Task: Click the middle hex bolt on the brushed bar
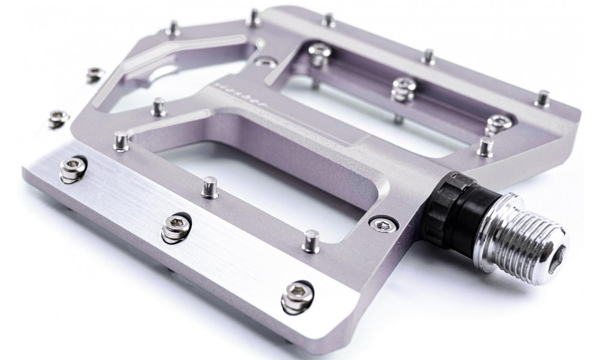174,226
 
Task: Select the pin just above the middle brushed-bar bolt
210,187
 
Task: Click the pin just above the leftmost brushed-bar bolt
121,141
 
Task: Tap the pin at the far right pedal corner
543,98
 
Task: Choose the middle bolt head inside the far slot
404,88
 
